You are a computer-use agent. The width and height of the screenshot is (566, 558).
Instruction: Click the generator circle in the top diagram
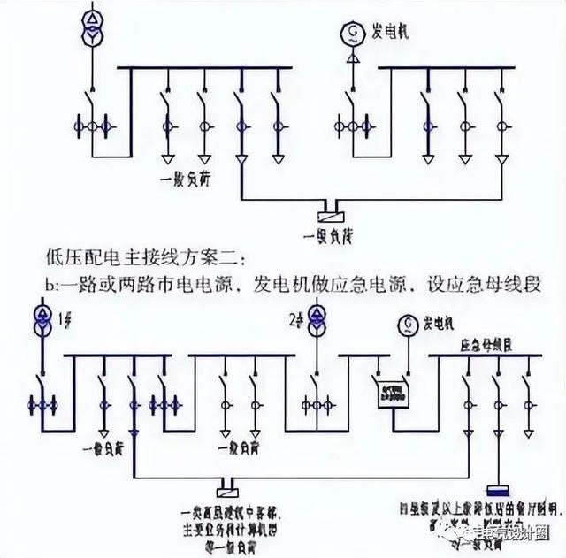point(352,35)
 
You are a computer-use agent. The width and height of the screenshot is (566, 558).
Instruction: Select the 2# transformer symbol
point(311,320)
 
